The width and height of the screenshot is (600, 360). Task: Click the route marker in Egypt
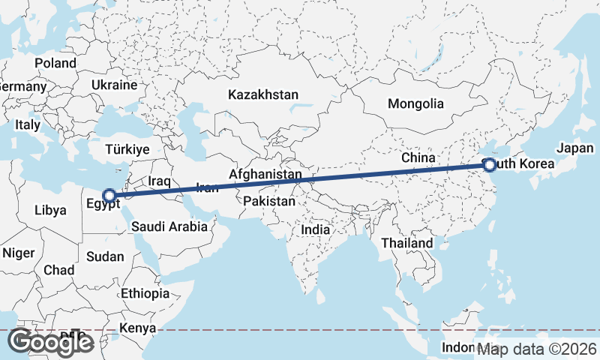point(109,196)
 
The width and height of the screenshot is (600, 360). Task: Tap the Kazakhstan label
point(263,95)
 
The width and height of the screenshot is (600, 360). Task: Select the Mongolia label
point(415,103)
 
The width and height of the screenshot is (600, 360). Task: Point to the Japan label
point(575,148)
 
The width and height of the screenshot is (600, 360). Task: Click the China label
point(418,158)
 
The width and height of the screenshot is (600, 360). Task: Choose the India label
point(316,230)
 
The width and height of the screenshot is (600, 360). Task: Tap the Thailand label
point(406,243)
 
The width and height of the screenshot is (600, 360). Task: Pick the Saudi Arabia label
point(169,226)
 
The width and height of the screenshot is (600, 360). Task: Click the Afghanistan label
point(265,175)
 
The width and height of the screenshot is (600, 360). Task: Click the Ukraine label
point(115,85)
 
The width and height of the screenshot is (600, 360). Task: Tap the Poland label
point(55,64)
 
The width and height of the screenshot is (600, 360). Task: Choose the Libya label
point(50,211)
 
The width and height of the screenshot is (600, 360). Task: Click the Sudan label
point(105,256)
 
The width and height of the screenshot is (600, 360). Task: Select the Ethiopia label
point(145,293)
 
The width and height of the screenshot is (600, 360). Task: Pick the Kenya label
point(138,328)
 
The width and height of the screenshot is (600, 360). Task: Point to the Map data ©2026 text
point(538,349)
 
